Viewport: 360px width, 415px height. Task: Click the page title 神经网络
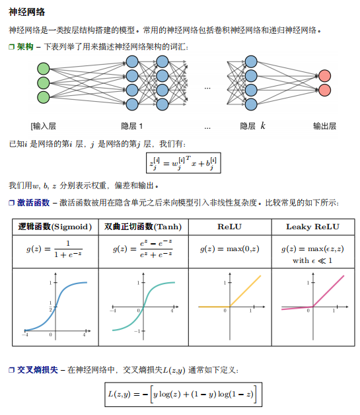26,12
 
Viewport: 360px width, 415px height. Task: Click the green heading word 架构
25,47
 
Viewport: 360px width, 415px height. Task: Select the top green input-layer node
44,69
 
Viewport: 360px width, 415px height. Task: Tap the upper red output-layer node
324,76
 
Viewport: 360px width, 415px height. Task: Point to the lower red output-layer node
324,90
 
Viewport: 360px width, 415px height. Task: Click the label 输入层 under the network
44,126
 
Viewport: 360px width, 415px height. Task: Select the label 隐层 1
131,126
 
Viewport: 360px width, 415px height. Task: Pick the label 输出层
324,126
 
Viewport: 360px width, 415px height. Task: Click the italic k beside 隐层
262,126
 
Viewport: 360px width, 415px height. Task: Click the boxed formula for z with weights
184,163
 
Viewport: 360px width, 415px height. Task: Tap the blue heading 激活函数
33,203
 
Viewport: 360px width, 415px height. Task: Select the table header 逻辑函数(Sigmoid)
55,227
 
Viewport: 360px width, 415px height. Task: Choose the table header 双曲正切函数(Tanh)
143,227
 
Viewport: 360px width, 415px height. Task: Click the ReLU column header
229,227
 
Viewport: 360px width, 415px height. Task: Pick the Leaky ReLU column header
312,227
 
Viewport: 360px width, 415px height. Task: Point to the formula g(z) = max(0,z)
230,248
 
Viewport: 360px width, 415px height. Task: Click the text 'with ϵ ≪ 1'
312,261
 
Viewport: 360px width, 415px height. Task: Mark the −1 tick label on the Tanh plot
137,331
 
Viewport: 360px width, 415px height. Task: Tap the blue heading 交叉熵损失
37,370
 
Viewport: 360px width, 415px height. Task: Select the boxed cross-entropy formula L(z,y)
184,395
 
